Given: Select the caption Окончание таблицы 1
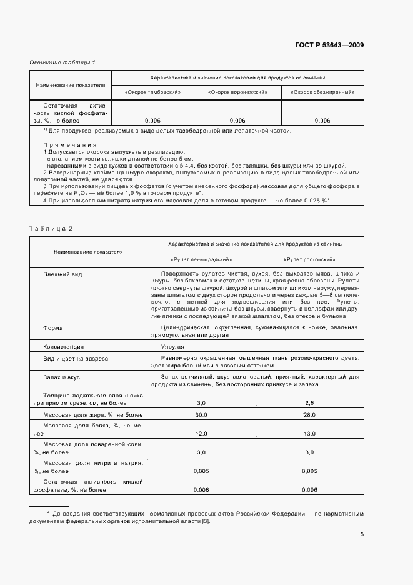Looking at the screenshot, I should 62,62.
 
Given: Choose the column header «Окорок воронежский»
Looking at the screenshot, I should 238,92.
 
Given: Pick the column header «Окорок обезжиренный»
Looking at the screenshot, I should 322,92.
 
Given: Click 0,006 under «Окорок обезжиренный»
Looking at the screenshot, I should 322,120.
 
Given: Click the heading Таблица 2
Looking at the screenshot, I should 51,228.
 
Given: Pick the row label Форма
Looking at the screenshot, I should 52,327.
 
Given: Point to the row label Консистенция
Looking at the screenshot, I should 63,346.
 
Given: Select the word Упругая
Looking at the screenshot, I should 173,346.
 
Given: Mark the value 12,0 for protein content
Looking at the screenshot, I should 201,433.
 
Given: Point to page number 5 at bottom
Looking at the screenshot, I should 362,534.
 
